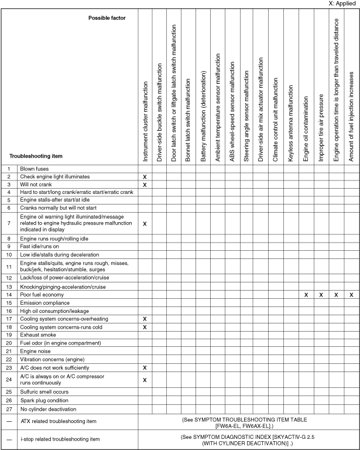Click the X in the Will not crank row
click(145, 185)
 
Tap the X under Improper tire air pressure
click(321, 295)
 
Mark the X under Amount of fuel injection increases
click(351, 295)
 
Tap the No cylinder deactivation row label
click(49, 409)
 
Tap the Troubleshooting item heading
click(36, 156)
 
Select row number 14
click(9, 295)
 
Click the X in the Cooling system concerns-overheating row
click(145, 319)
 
